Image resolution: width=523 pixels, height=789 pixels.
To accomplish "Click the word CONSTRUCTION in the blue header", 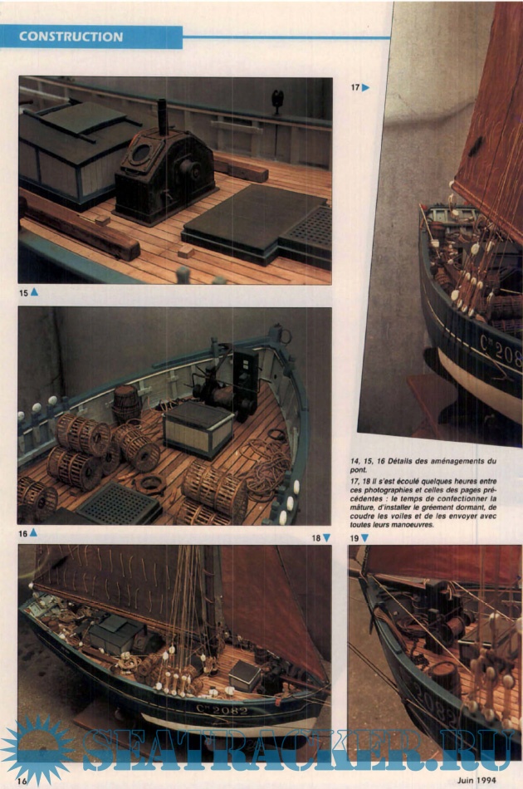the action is [71, 37].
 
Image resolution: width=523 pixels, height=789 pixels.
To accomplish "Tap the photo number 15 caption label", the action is [23, 292].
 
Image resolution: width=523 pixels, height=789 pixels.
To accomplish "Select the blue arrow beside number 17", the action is [365, 87].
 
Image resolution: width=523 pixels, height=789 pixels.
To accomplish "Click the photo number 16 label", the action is [23, 533].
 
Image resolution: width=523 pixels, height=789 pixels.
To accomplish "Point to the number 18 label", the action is [315, 538].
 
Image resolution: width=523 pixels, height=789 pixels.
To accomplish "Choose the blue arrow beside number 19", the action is [364, 538].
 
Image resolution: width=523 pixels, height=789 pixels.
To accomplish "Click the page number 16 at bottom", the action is [22, 781].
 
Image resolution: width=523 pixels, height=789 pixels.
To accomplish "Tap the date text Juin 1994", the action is [477, 781].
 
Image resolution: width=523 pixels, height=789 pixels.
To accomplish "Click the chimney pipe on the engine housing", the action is [163, 117].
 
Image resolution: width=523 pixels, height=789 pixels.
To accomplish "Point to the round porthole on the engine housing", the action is [141, 153].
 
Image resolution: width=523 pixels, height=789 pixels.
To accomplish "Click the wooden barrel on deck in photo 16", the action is [125, 403].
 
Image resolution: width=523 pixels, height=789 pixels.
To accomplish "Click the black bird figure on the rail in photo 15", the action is [277, 101].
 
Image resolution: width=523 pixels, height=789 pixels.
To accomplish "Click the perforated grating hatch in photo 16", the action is [119, 503].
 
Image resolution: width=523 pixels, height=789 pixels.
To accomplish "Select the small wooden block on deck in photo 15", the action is [185, 251].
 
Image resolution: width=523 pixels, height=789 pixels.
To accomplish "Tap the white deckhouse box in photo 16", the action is [198, 428].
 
